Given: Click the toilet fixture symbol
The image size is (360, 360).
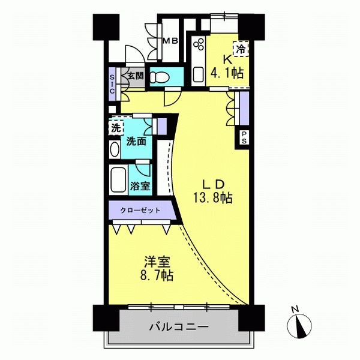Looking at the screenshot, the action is (x=160, y=77).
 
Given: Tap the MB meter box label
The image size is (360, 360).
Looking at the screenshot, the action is (x=170, y=41).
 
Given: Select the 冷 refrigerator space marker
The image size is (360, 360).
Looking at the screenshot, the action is (x=241, y=49).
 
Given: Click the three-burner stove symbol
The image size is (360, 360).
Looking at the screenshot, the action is (x=199, y=44).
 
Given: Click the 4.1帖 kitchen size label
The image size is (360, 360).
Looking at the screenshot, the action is (x=227, y=73).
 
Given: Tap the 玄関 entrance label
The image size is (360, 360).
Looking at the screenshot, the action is (x=136, y=76).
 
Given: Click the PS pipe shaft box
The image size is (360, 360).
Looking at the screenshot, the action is (x=244, y=137).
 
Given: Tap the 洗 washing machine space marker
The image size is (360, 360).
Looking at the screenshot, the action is (x=116, y=128).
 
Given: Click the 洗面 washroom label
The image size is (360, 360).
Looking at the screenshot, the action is (x=136, y=142).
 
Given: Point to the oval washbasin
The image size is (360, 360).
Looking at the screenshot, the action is (x=115, y=149).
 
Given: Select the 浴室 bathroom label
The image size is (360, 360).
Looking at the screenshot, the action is (x=140, y=186).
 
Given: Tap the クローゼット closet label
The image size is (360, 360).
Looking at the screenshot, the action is (x=140, y=211).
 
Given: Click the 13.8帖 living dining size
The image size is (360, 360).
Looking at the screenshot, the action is (x=213, y=198).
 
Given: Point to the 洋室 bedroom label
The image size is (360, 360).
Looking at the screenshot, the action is (x=157, y=262).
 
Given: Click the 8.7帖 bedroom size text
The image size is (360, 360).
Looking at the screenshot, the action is (x=157, y=275).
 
